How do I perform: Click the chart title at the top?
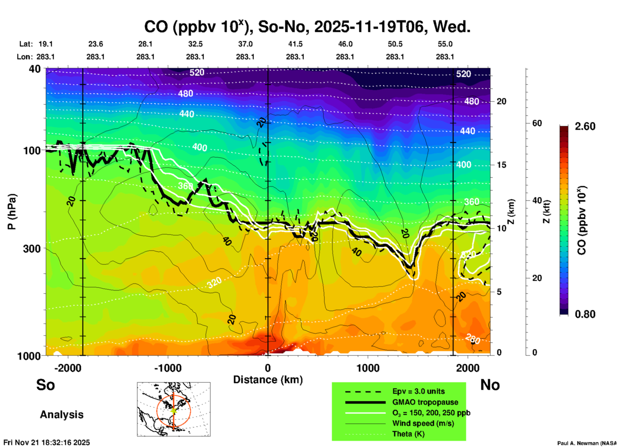(x=307, y=27)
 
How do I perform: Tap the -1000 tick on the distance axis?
(x=168, y=368)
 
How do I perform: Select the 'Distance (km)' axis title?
(x=268, y=380)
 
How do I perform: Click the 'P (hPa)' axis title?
(x=12, y=212)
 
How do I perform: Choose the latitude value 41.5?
(x=295, y=44)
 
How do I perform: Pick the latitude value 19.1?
(x=45, y=44)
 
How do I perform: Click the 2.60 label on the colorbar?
(x=585, y=126)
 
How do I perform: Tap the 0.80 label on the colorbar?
(x=585, y=314)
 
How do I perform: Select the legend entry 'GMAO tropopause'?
(x=425, y=402)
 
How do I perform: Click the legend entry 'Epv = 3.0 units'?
(x=418, y=391)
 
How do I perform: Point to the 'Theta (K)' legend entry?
(x=408, y=434)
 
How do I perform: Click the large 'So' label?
(x=45, y=385)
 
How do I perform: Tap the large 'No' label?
(x=490, y=385)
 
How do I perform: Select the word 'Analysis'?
(x=62, y=414)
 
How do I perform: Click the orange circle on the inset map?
(x=157, y=410)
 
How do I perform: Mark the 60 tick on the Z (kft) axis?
(x=537, y=123)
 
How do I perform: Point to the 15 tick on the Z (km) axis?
(x=501, y=165)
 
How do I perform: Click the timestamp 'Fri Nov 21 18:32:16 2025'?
(x=47, y=443)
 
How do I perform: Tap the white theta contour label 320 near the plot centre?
(x=214, y=283)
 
